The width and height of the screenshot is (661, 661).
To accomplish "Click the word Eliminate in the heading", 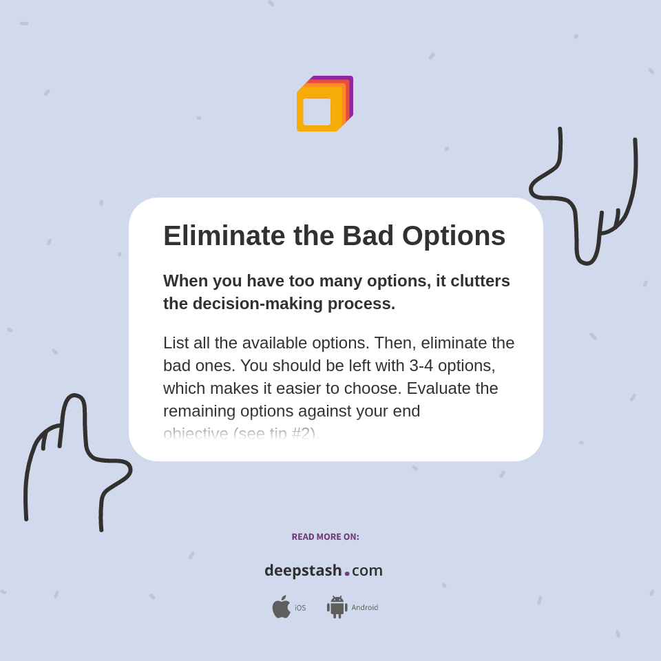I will click(224, 236).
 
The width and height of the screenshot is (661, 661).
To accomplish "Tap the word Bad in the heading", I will click(368, 236).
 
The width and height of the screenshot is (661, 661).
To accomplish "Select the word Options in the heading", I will click(454, 236).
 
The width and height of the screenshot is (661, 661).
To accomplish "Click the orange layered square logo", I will click(324, 104).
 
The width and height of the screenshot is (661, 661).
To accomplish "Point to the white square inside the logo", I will click(317, 112).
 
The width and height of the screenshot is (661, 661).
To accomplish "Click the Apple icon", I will click(281, 607).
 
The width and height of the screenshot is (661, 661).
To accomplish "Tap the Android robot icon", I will click(337, 607).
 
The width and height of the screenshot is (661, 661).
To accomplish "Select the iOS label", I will click(300, 608).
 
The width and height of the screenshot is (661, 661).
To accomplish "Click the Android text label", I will click(365, 608).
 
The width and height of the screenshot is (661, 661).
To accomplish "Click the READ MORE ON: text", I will click(325, 537).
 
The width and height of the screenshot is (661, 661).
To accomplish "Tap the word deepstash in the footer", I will click(303, 571).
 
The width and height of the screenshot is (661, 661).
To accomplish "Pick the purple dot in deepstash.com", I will click(347, 574).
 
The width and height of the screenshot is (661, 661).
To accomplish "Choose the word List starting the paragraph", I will click(176, 343).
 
